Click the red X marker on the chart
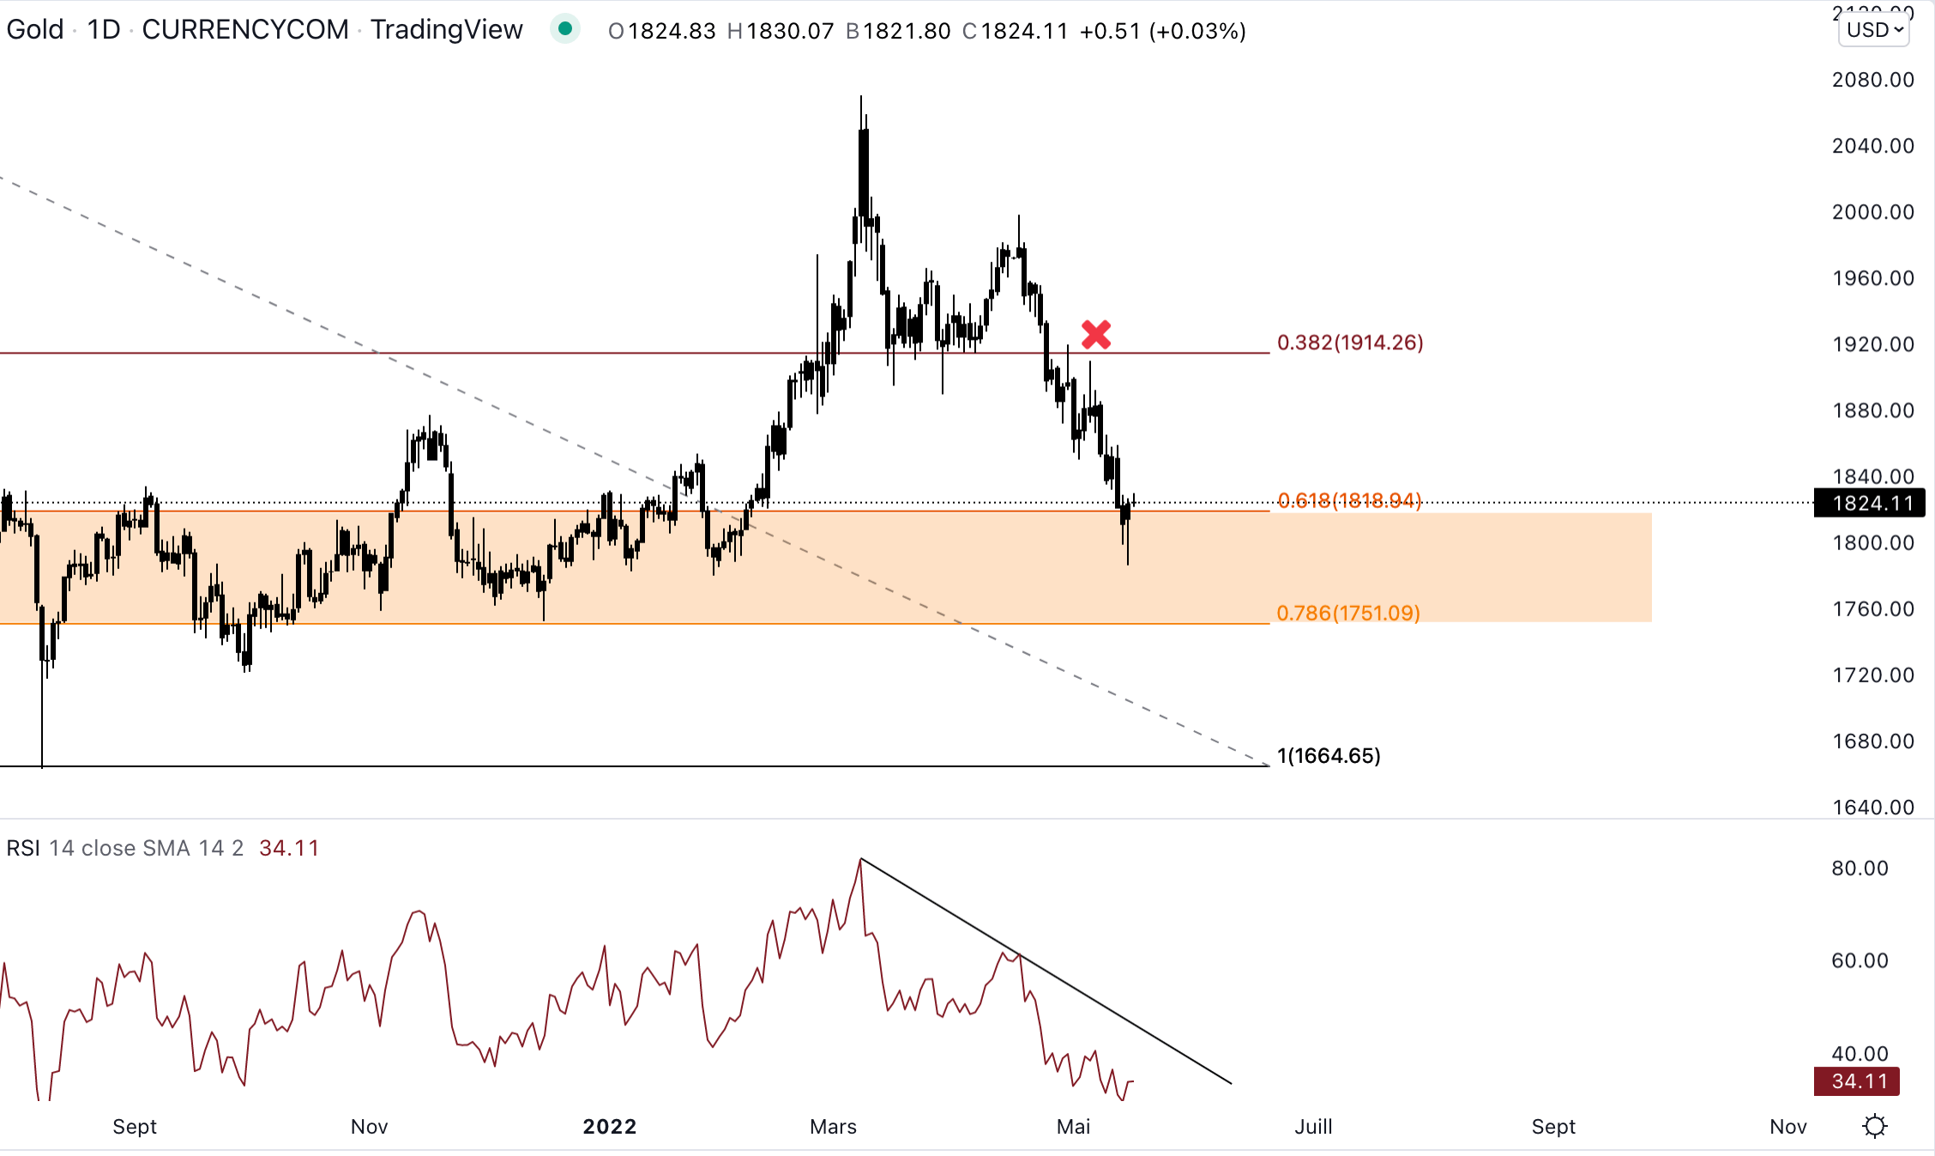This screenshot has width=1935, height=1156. tap(1095, 334)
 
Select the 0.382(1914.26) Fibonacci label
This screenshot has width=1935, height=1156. tap(1350, 342)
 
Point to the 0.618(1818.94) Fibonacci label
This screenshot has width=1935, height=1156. tap(1349, 500)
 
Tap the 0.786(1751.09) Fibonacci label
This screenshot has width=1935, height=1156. tap(1348, 613)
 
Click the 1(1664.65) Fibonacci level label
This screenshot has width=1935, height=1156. tap(1329, 755)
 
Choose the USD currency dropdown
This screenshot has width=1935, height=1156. tap(1874, 30)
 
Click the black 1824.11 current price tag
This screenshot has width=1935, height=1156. tap(1870, 503)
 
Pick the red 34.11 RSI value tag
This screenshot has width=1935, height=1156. tap(1857, 1081)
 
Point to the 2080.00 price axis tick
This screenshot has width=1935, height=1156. tap(1872, 80)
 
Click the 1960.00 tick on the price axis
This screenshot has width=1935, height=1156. tap(1872, 278)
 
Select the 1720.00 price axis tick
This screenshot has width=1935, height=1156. tap(1872, 675)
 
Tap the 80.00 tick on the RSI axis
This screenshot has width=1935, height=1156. tap(1860, 869)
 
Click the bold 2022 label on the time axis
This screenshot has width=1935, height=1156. tap(609, 1127)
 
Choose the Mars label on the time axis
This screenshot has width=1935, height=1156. tap(833, 1127)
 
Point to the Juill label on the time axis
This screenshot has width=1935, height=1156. tap(1313, 1127)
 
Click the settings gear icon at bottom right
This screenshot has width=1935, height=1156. tap(1876, 1126)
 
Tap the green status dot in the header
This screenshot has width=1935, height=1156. tap(565, 29)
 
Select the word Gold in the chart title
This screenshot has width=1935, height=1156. tap(35, 29)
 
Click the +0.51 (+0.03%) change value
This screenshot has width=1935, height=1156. tap(1162, 31)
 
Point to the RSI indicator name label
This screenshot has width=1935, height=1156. tap(23, 848)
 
